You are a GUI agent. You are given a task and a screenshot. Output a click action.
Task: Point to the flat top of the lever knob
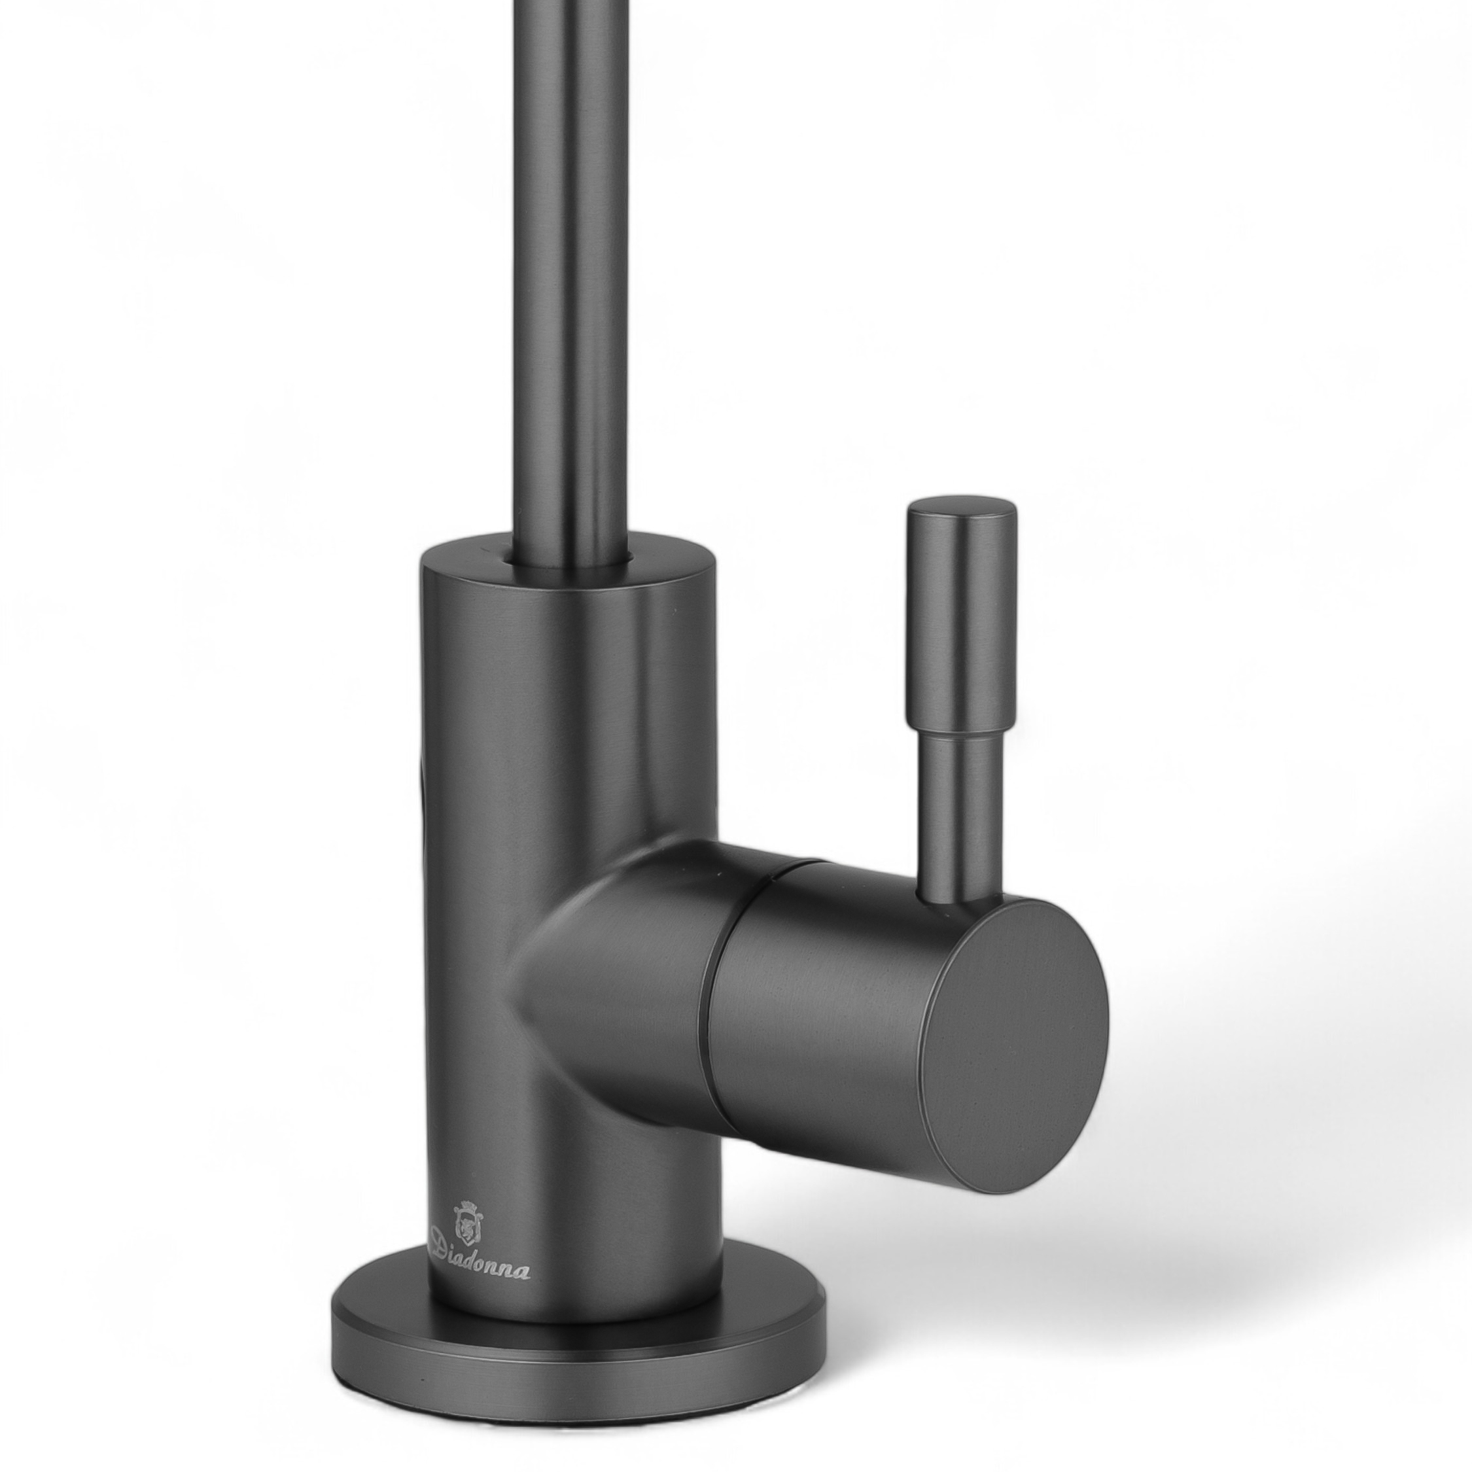click(962, 506)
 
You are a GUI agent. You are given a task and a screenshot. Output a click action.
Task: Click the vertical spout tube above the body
click(568, 274)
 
